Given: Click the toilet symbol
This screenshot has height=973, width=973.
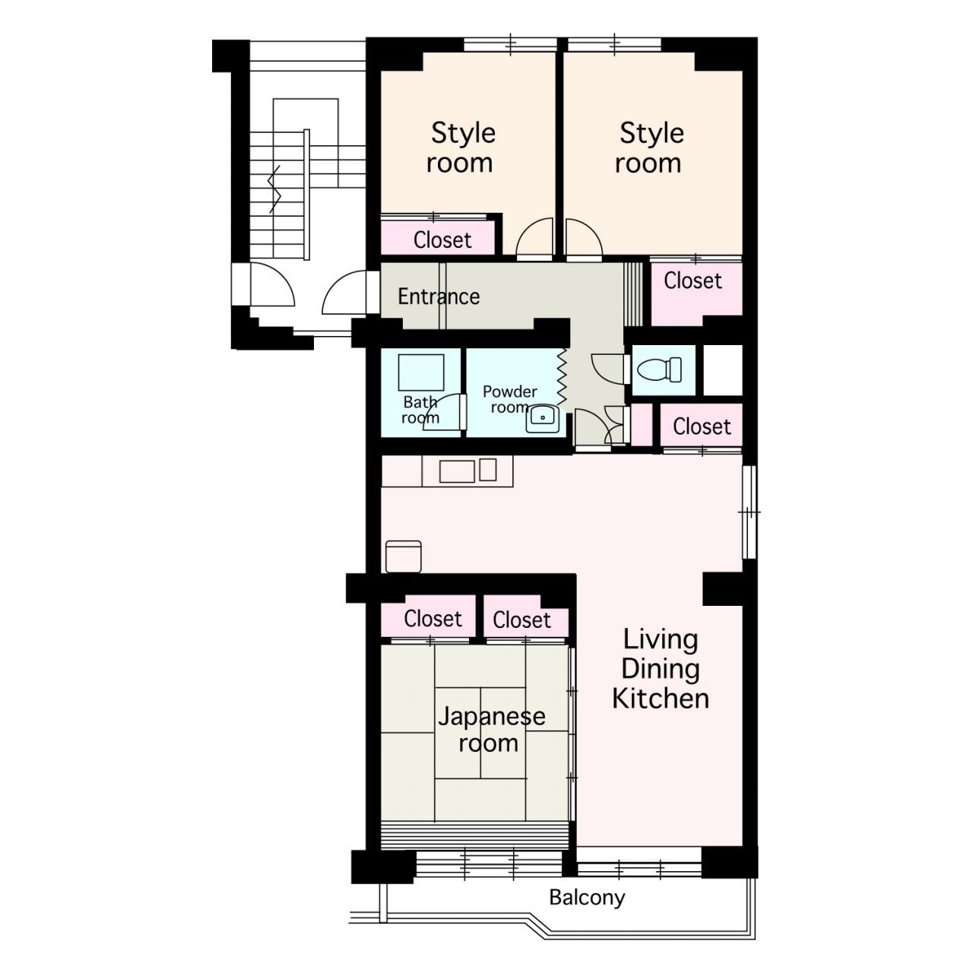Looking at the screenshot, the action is coord(660,369).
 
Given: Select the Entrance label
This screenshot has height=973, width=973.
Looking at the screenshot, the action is coord(439,296).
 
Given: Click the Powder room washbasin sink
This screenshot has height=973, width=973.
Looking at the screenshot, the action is coord(542,418).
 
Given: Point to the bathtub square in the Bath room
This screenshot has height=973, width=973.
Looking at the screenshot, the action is coord(421,372).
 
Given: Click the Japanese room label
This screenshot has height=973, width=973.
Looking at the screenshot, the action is coord(491,730).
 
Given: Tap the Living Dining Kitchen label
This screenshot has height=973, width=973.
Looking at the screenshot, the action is coord(661,668).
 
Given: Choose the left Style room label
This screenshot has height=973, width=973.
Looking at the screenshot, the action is coord(461,148).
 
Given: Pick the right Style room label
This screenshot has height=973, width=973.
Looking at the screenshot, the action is coord(650,148).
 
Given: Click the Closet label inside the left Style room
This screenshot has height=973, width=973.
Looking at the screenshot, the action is coord(442,240).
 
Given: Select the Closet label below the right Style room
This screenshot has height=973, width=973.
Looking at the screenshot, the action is coord(693,280).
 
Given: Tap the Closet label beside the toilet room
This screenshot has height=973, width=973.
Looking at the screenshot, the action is coord(702,426).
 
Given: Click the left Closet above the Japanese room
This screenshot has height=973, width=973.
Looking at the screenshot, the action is coord(433,619).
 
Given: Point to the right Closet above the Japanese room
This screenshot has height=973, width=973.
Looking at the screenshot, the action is coord(521,620).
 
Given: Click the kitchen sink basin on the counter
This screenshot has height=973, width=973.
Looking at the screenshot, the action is coord(457,471).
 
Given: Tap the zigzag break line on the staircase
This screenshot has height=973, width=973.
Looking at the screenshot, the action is coord(274,189).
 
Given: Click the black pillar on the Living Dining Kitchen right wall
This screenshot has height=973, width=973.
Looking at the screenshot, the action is coord(723,589).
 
